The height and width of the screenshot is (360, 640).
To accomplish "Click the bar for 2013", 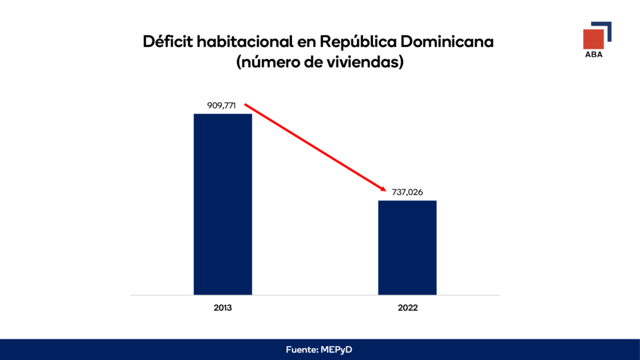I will pos(222,204).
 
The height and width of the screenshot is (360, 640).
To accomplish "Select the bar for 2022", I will pos(407,247).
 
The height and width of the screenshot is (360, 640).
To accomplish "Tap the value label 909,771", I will pos(221,106).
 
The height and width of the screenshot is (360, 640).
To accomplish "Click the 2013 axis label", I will pos(222,309).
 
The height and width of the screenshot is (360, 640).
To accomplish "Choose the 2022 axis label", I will pos(407,309).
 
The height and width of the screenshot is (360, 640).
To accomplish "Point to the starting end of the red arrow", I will pos(245,104).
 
